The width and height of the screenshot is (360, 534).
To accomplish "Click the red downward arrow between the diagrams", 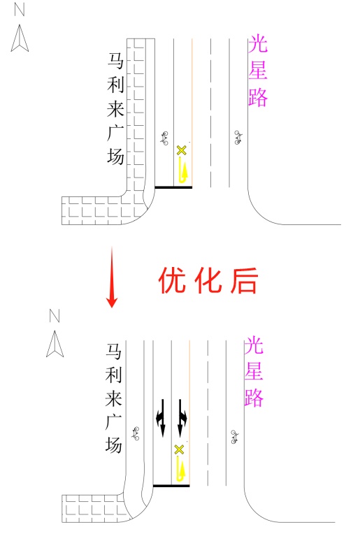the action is (112, 277).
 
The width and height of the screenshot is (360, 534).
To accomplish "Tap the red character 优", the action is (173, 280).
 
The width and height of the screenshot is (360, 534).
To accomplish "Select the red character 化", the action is (208, 280).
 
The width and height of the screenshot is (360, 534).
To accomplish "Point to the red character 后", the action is (244, 280).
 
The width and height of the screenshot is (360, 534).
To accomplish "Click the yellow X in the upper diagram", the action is (182, 150).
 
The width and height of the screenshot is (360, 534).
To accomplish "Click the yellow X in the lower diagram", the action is (179, 449).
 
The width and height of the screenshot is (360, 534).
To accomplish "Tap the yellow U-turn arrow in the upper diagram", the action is (183, 171).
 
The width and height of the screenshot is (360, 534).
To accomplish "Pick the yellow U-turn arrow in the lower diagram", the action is (180, 468).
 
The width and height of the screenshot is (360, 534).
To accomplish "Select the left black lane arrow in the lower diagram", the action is (161, 417).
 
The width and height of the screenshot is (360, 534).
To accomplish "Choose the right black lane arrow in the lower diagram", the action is (182, 417).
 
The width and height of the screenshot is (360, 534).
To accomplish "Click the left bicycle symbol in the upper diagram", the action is (164, 138).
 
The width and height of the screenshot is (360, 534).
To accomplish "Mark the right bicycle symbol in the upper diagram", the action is (238, 138).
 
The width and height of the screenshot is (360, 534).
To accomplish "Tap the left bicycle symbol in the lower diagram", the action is (136, 433).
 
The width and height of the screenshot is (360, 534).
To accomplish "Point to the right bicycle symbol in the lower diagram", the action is (235, 437).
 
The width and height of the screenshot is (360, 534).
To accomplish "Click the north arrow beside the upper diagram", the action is (20, 38).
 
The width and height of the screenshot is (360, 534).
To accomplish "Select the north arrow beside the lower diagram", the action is (55, 344).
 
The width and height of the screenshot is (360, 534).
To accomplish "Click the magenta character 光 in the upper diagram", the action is (258, 44).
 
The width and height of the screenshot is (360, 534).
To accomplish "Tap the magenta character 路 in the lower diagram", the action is (254, 398).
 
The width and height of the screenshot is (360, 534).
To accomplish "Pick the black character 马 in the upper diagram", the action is (116, 62).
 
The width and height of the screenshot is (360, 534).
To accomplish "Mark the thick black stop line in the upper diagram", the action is (173, 187).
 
